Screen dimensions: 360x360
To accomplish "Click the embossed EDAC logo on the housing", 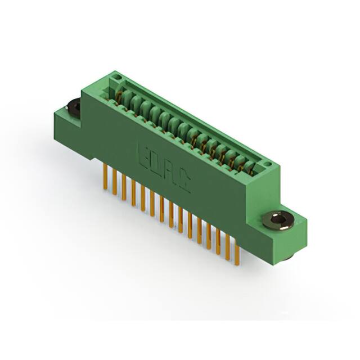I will [x=164, y=168].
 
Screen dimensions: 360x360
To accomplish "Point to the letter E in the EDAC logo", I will [x=142, y=155].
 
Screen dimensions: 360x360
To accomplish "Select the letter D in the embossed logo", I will [x=155, y=163].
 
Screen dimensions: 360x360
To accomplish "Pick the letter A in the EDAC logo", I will [x=169, y=173].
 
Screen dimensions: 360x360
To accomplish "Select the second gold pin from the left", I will [x=115, y=182].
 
